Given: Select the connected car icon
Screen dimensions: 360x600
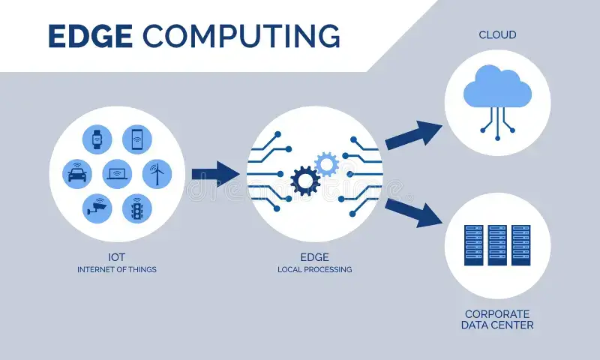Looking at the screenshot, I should point(76,174).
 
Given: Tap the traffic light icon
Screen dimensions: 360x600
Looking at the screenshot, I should point(136,208).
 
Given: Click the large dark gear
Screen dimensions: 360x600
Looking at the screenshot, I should point(305,181).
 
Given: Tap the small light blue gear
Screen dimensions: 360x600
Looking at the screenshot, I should point(326,163).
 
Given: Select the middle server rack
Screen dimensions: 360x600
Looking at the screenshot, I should point(497,244).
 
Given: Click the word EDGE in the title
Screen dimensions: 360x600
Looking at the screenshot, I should point(91,36).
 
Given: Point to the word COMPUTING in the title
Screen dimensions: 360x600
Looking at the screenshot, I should point(241,36).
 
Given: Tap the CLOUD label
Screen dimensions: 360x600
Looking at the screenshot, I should point(497,35).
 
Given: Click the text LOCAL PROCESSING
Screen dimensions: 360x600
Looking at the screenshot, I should point(314,269).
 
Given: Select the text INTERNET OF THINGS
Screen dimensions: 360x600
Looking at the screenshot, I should point(116,269).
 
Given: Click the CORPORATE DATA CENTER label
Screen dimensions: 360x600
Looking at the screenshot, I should point(497,319).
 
